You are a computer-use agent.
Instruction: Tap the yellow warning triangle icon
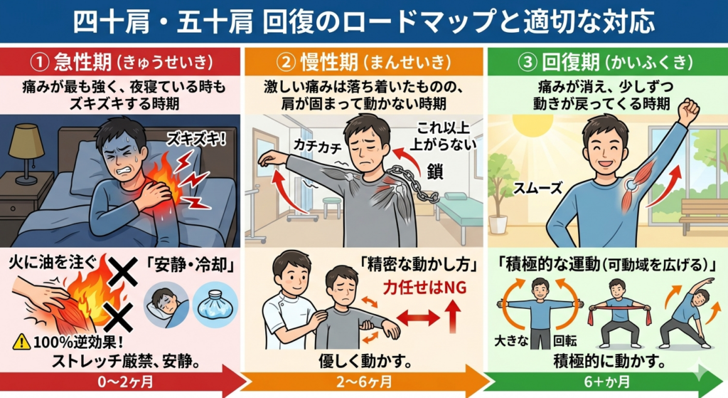pyautogui.click(x=21, y=342)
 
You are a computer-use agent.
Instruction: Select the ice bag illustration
pyautogui.click(x=215, y=305)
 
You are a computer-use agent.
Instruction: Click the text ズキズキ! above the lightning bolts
pyautogui.click(x=197, y=138)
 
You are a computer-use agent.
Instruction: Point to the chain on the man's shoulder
pyautogui.click(x=411, y=184)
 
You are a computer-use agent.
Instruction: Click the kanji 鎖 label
pyautogui.click(x=434, y=172)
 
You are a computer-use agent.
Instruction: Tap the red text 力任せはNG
pyautogui.click(x=424, y=288)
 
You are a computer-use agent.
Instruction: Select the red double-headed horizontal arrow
pyautogui.click(x=418, y=318)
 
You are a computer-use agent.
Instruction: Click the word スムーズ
pyautogui.click(x=537, y=188)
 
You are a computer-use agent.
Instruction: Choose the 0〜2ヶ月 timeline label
pyautogui.click(x=125, y=382)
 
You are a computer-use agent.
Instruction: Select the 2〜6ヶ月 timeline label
pyautogui.click(x=365, y=382)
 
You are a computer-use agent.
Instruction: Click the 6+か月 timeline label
pyautogui.click(x=606, y=382)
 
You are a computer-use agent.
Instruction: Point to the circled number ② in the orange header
pyautogui.click(x=286, y=63)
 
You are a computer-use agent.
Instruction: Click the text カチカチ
pyautogui.click(x=318, y=147)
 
